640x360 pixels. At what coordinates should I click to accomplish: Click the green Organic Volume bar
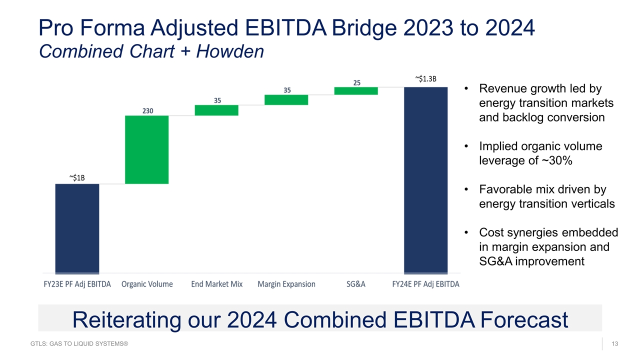coord(147,149)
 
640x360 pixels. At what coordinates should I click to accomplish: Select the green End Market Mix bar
coord(216,110)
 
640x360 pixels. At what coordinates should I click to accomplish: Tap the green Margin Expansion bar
coord(286,100)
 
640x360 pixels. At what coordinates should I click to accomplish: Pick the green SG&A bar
coord(356,91)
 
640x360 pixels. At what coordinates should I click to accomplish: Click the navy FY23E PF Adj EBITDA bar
coord(77,228)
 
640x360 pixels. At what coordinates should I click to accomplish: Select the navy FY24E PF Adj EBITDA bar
coord(425,180)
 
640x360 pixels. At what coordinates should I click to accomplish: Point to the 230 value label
coord(148,111)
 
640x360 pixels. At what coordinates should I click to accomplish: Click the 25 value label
coord(357,83)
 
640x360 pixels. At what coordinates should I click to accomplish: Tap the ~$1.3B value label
coord(425,78)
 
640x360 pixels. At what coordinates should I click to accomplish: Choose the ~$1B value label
coord(77,177)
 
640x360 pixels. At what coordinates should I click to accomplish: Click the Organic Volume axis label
coord(147,284)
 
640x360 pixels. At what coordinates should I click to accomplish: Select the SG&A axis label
coord(356,284)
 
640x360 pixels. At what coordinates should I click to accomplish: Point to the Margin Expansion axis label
coord(286,284)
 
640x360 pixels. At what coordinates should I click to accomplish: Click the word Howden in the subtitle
coord(230,51)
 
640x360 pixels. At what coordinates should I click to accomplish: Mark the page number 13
coord(614,343)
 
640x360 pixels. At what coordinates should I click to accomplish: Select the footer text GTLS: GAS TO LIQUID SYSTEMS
coord(79,343)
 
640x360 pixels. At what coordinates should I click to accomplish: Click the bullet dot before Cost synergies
coord(466,232)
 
